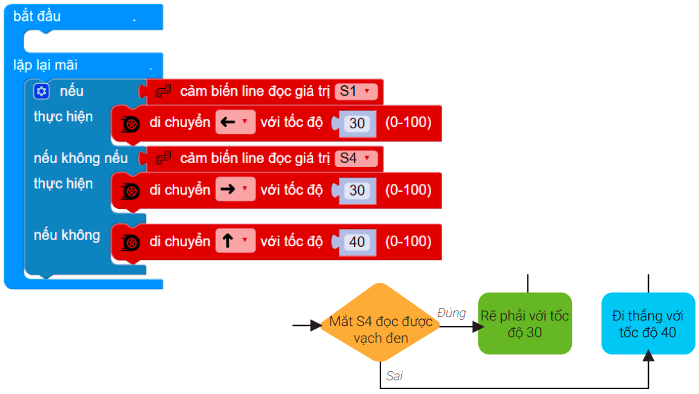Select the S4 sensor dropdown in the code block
(x=356, y=158)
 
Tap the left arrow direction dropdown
(x=235, y=123)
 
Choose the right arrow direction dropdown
(x=235, y=190)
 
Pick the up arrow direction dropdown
(x=235, y=241)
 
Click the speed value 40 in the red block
(x=357, y=242)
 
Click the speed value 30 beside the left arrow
(x=357, y=123)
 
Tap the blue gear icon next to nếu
(x=42, y=91)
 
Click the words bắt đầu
(x=37, y=16)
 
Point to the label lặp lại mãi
(x=46, y=66)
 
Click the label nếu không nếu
(x=81, y=158)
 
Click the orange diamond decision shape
(x=380, y=323)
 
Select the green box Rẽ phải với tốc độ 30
(x=525, y=324)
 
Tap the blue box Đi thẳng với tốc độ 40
(x=648, y=324)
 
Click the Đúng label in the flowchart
(x=451, y=313)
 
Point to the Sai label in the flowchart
(x=394, y=376)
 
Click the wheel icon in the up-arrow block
(x=130, y=242)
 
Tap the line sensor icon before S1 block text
(x=163, y=91)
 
